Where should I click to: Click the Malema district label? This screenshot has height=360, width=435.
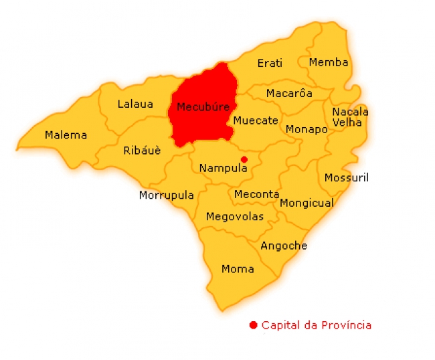[x=66, y=135]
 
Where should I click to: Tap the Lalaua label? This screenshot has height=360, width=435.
[x=135, y=104]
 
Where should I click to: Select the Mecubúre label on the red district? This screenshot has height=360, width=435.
[x=203, y=107]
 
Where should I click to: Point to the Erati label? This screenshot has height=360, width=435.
[x=270, y=64]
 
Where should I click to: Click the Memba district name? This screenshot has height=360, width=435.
[x=328, y=63]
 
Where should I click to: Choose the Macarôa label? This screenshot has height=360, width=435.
[x=289, y=94]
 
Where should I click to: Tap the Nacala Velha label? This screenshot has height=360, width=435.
[x=350, y=117]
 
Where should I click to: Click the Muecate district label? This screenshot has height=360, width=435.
[x=255, y=121]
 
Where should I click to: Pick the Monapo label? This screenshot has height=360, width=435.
[x=307, y=129]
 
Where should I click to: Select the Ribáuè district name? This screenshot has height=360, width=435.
[x=142, y=151]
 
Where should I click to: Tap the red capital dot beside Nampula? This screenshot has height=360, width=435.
[x=244, y=159]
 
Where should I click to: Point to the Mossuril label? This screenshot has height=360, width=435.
[x=346, y=178]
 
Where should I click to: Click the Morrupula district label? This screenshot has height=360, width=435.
[x=166, y=195]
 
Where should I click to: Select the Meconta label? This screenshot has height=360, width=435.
[x=256, y=195]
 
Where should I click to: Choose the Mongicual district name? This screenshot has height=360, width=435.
[x=307, y=203]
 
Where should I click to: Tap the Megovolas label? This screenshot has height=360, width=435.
[x=234, y=217]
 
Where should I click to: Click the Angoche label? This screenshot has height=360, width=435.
[x=284, y=246]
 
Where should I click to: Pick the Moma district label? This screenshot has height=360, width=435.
[x=238, y=269]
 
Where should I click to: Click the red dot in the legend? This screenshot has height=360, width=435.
[x=253, y=326]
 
